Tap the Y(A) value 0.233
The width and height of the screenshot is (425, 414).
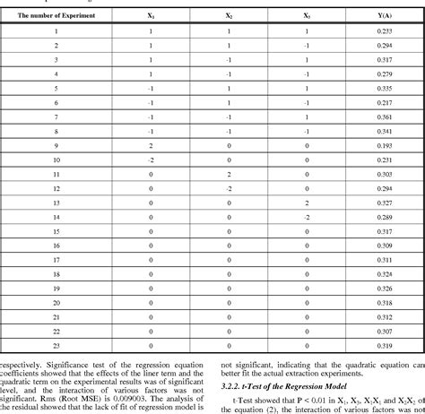pos(384,30)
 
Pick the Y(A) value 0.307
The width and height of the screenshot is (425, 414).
pos(384,332)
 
